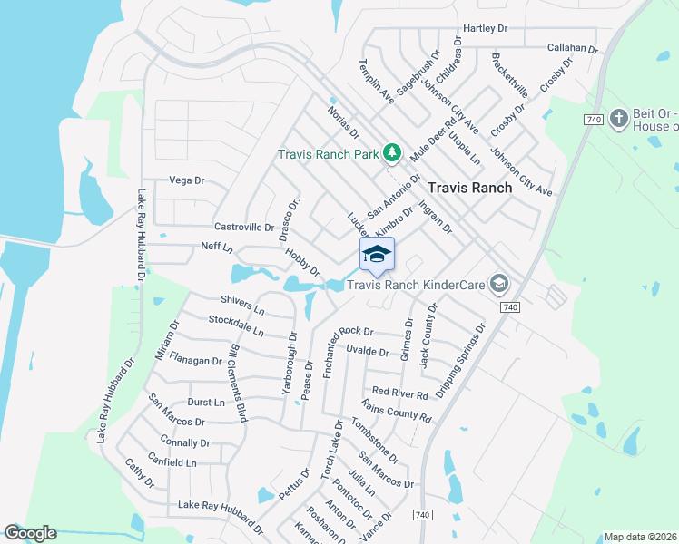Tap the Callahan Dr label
573,48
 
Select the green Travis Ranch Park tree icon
392,153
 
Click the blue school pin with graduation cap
378,256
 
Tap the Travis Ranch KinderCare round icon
498,285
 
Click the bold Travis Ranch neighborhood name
469,187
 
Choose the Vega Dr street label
187,180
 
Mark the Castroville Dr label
243,227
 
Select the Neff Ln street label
217,247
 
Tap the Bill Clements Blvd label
238,383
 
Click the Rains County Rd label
396,410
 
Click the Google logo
30,533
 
